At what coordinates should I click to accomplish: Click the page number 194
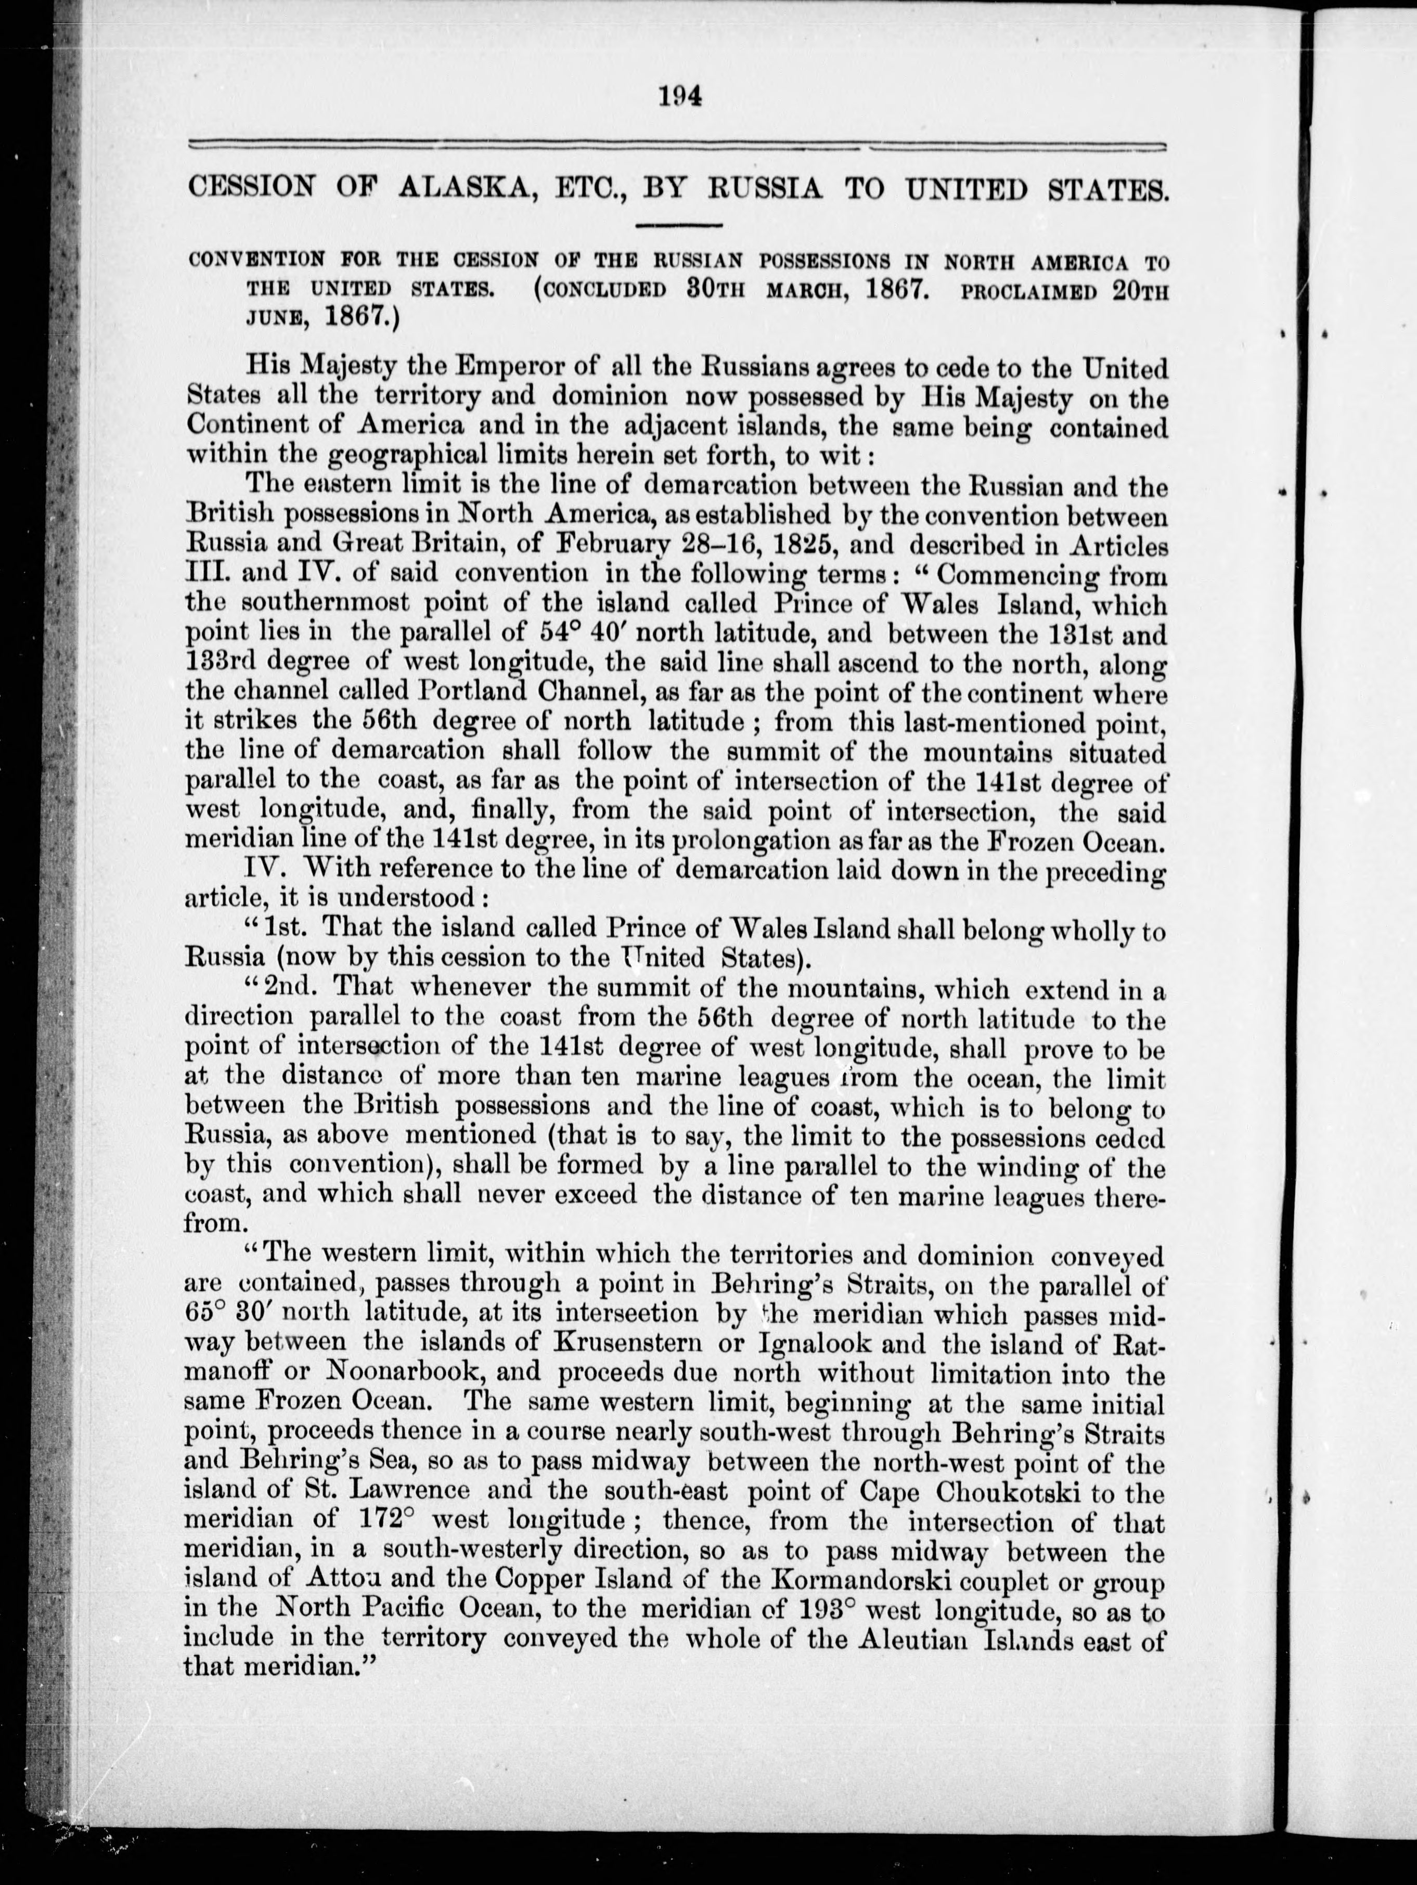pyautogui.click(x=679, y=96)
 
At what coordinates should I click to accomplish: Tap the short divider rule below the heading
pyautogui.click(x=679, y=226)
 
